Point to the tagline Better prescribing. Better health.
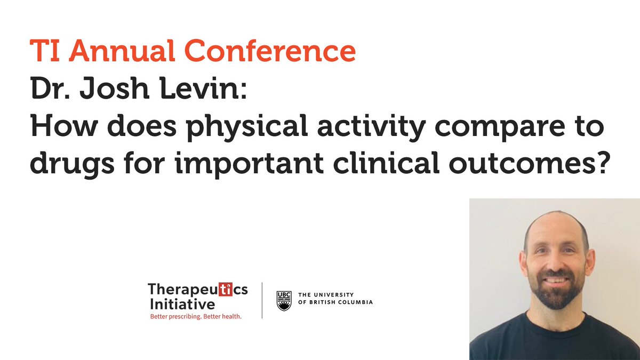click(195, 317)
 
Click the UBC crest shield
click(284, 300)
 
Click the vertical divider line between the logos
click(262, 301)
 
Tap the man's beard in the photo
click(555, 294)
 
